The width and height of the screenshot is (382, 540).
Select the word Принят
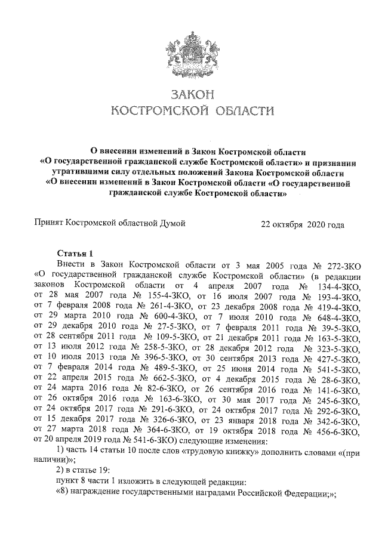point(50,224)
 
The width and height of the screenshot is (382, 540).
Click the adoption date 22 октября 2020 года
point(303,225)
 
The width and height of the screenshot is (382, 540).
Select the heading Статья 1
point(74,253)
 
